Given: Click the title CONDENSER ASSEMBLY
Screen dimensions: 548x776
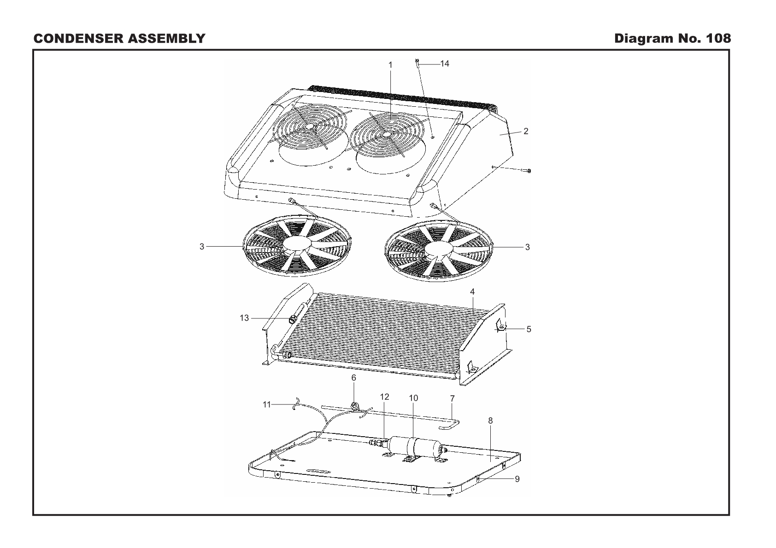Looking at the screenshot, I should pyautogui.click(x=119, y=38).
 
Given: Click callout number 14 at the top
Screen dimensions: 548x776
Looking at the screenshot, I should pyautogui.click(x=444, y=63).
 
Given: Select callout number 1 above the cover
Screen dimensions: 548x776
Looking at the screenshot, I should pyautogui.click(x=390, y=65).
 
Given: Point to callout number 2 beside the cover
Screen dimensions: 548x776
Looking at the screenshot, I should pyautogui.click(x=525, y=131).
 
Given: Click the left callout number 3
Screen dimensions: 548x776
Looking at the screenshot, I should pyautogui.click(x=201, y=247).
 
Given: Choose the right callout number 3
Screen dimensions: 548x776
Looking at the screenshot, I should pyautogui.click(x=528, y=247).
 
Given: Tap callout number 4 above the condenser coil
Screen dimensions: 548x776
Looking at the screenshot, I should pyautogui.click(x=472, y=292).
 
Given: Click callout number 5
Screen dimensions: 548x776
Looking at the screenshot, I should pyautogui.click(x=529, y=329).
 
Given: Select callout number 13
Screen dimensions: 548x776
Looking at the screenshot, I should pyautogui.click(x=244, y=318).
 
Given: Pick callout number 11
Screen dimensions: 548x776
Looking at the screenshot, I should pyautogui.click(x=267, y=404).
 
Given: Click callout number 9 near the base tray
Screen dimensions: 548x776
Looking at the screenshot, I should pyautogui.click(x=517, y=479).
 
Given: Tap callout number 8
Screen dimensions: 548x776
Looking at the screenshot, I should pyautogui.click(x=490, y=421).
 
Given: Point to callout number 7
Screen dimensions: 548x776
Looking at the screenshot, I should pyautogui.click(x=452, y=398).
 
